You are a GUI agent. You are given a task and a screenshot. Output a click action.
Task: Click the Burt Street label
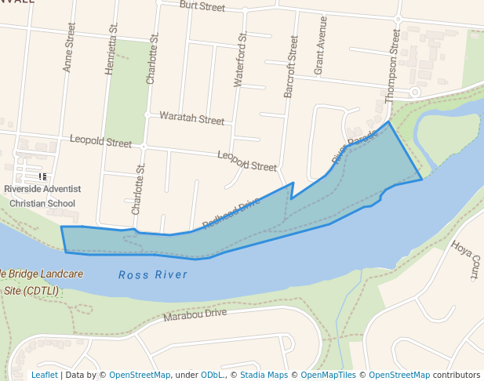coord(202,6)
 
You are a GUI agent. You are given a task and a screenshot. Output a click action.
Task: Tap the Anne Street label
coord(69,47)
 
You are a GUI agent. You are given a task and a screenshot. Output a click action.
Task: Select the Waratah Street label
coord(191,119)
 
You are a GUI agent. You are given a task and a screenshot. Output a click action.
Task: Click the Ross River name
coord(153,274)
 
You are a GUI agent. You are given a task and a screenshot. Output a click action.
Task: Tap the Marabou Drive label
coord(195,314)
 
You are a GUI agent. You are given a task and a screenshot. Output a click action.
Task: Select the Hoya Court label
coord(464,260)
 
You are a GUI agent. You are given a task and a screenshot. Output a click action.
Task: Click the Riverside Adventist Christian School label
coord(42,196)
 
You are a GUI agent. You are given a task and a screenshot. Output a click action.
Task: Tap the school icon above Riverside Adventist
coord(42,177)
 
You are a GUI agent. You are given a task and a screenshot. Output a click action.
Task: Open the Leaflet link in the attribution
coord(44,375)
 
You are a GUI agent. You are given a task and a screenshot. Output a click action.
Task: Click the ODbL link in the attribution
coord(213,375)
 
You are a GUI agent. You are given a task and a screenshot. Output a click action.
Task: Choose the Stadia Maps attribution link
coord(264,375)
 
